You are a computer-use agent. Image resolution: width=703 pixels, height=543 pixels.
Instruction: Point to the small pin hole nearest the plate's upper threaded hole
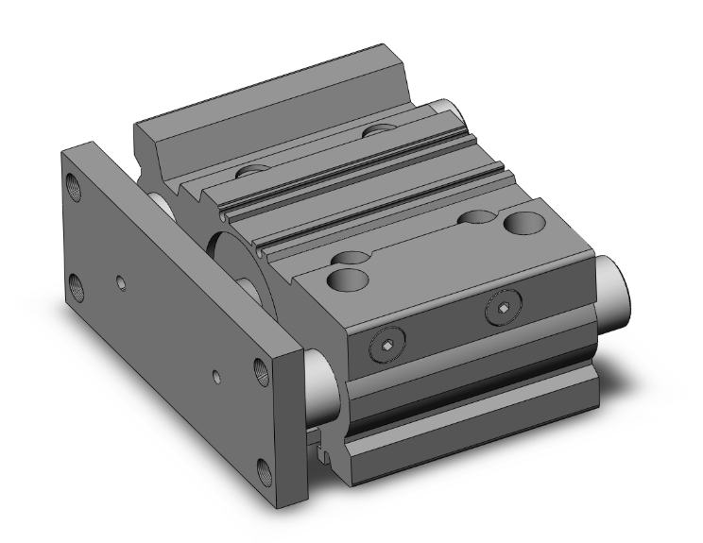coord(119,280)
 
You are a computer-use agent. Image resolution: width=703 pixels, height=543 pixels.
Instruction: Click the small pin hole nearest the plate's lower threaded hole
coord(217,377)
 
